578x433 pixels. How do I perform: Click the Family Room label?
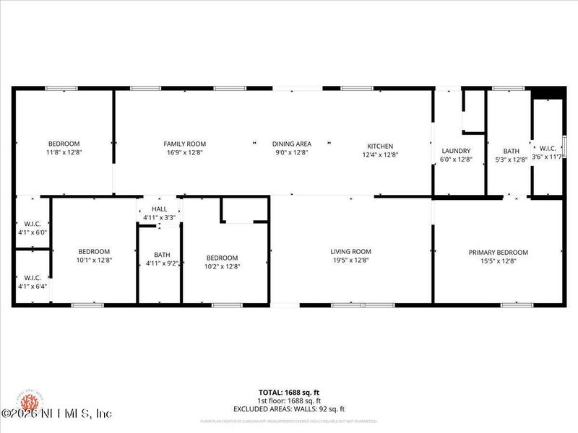(184, 144)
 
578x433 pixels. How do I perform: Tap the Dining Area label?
(291, 144)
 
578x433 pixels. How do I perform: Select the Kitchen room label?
(379, 144)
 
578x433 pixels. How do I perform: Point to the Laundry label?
(456, 151)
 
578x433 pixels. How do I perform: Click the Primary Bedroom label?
(498, 253)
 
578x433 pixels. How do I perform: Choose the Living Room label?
(351, 251)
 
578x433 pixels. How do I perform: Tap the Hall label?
(159, 209)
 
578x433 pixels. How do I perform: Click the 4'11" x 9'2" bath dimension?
(161, 263)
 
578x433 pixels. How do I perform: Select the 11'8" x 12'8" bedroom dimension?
(64, 153)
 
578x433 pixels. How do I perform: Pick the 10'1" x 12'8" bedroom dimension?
(94, 261)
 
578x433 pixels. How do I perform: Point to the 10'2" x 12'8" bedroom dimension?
(222, 267)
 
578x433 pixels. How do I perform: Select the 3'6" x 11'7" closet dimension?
(547, 156)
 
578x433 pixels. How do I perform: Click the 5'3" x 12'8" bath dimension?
(511, 160)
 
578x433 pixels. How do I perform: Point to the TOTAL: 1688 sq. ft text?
(289, 393)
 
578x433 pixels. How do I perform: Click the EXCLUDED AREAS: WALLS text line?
(289, 409)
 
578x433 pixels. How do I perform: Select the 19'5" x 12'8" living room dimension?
(351, 261)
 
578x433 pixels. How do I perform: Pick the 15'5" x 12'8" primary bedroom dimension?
(498, 261)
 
